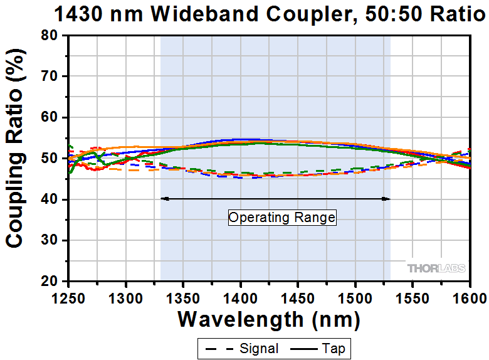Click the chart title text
point(260,14)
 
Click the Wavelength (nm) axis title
point(269,320)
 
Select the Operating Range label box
point(282,218)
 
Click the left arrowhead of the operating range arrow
point(164,199)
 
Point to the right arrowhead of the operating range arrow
point(387,199)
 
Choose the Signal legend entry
point(241,347)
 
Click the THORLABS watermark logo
point(436,268)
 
